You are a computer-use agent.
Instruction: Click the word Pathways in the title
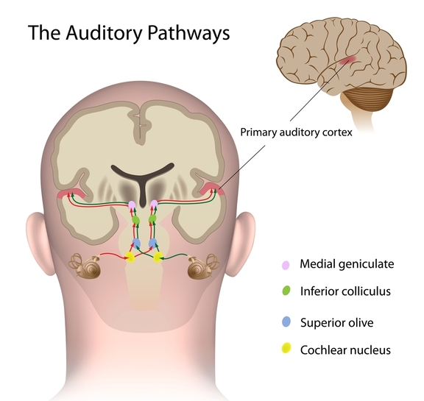coord(188,33)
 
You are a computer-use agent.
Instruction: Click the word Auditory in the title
coord(104,33)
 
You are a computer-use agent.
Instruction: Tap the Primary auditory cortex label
coord(297,132)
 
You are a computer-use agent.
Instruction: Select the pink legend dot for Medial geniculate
coord(286,265)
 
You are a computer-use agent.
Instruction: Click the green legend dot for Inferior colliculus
coord(286,291)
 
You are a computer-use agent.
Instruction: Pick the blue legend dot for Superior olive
coord(286,322)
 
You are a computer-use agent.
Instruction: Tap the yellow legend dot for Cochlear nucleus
coord(286,348)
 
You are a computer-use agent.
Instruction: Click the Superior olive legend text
coord(336,322)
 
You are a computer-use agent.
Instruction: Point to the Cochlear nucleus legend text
coord(345,350)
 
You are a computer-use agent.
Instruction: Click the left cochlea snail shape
coord(86,266)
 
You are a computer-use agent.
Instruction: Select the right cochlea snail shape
coord(203,267)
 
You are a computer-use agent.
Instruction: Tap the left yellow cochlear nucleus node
coord(130,258)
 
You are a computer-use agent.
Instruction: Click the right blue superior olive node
coord(152,244)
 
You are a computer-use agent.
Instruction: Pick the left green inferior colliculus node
coord(135,219)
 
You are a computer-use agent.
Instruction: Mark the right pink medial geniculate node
coord(154,205)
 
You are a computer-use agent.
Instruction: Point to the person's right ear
coord(244,244)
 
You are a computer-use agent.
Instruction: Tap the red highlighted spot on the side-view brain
coord(348,60)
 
